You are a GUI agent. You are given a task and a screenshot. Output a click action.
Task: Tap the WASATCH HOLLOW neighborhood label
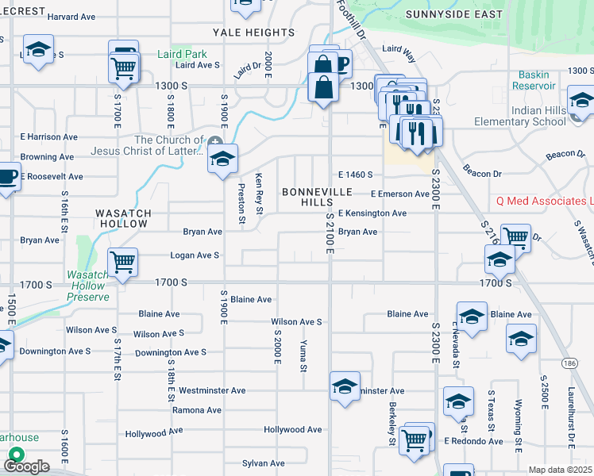pyautogui.click(x=121, y=218)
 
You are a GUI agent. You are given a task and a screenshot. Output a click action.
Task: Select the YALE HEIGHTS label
pyautogui.click(x=253, y=33)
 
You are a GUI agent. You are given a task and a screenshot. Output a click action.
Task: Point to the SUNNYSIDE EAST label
pyautogui.click(x=453, y=14)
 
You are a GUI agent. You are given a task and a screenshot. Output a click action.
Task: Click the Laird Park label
pyautogui.click(x=182, y=54)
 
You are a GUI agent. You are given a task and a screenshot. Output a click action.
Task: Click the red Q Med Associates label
pyautogui.click(x=543, y=202)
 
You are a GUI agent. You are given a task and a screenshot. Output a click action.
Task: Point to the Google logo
pyautogui.click(x=25, y=466)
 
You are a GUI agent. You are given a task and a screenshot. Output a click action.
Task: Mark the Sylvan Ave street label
pyautogui.click(x=264, y=463)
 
